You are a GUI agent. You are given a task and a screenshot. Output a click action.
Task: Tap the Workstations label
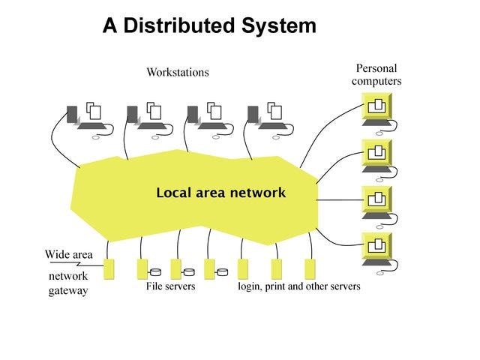click(x=178, y=72)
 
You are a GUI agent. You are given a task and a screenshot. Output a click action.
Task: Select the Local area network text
click(x=220, y=193)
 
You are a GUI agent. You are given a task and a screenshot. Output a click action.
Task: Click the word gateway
click(x=68, y=290)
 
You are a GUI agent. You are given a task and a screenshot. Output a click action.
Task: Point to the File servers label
click(x=170, y=286)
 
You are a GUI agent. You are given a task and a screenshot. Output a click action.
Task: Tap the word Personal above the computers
click(x=376, y=68)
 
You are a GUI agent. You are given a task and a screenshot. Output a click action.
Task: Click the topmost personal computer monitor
click(x=376, y=106)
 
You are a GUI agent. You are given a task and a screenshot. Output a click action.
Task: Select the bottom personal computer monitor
click(x=376, y=245)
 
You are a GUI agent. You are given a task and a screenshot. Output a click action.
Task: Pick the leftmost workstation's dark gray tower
click(x=72, y=115)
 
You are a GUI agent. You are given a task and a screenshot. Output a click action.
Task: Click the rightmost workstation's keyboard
click(x=273, y=126)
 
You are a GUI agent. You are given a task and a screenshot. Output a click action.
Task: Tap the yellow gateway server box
click(x=109, y=269)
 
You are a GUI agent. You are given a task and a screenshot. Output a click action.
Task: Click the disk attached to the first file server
click(x=156, y=271)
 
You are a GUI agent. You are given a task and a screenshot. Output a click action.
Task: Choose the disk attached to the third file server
click(x=222, y=271)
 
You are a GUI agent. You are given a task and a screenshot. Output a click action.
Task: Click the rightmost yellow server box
click(x=310, y=269)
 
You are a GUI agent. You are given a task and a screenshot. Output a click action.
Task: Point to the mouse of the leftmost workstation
click(x=96, y=137)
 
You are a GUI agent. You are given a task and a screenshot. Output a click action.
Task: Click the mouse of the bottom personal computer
click(x=380, y=273)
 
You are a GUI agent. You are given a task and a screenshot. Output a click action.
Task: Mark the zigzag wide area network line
click(x=76, y=264)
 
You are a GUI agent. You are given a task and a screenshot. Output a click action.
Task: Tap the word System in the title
click(x=279, y=25)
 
